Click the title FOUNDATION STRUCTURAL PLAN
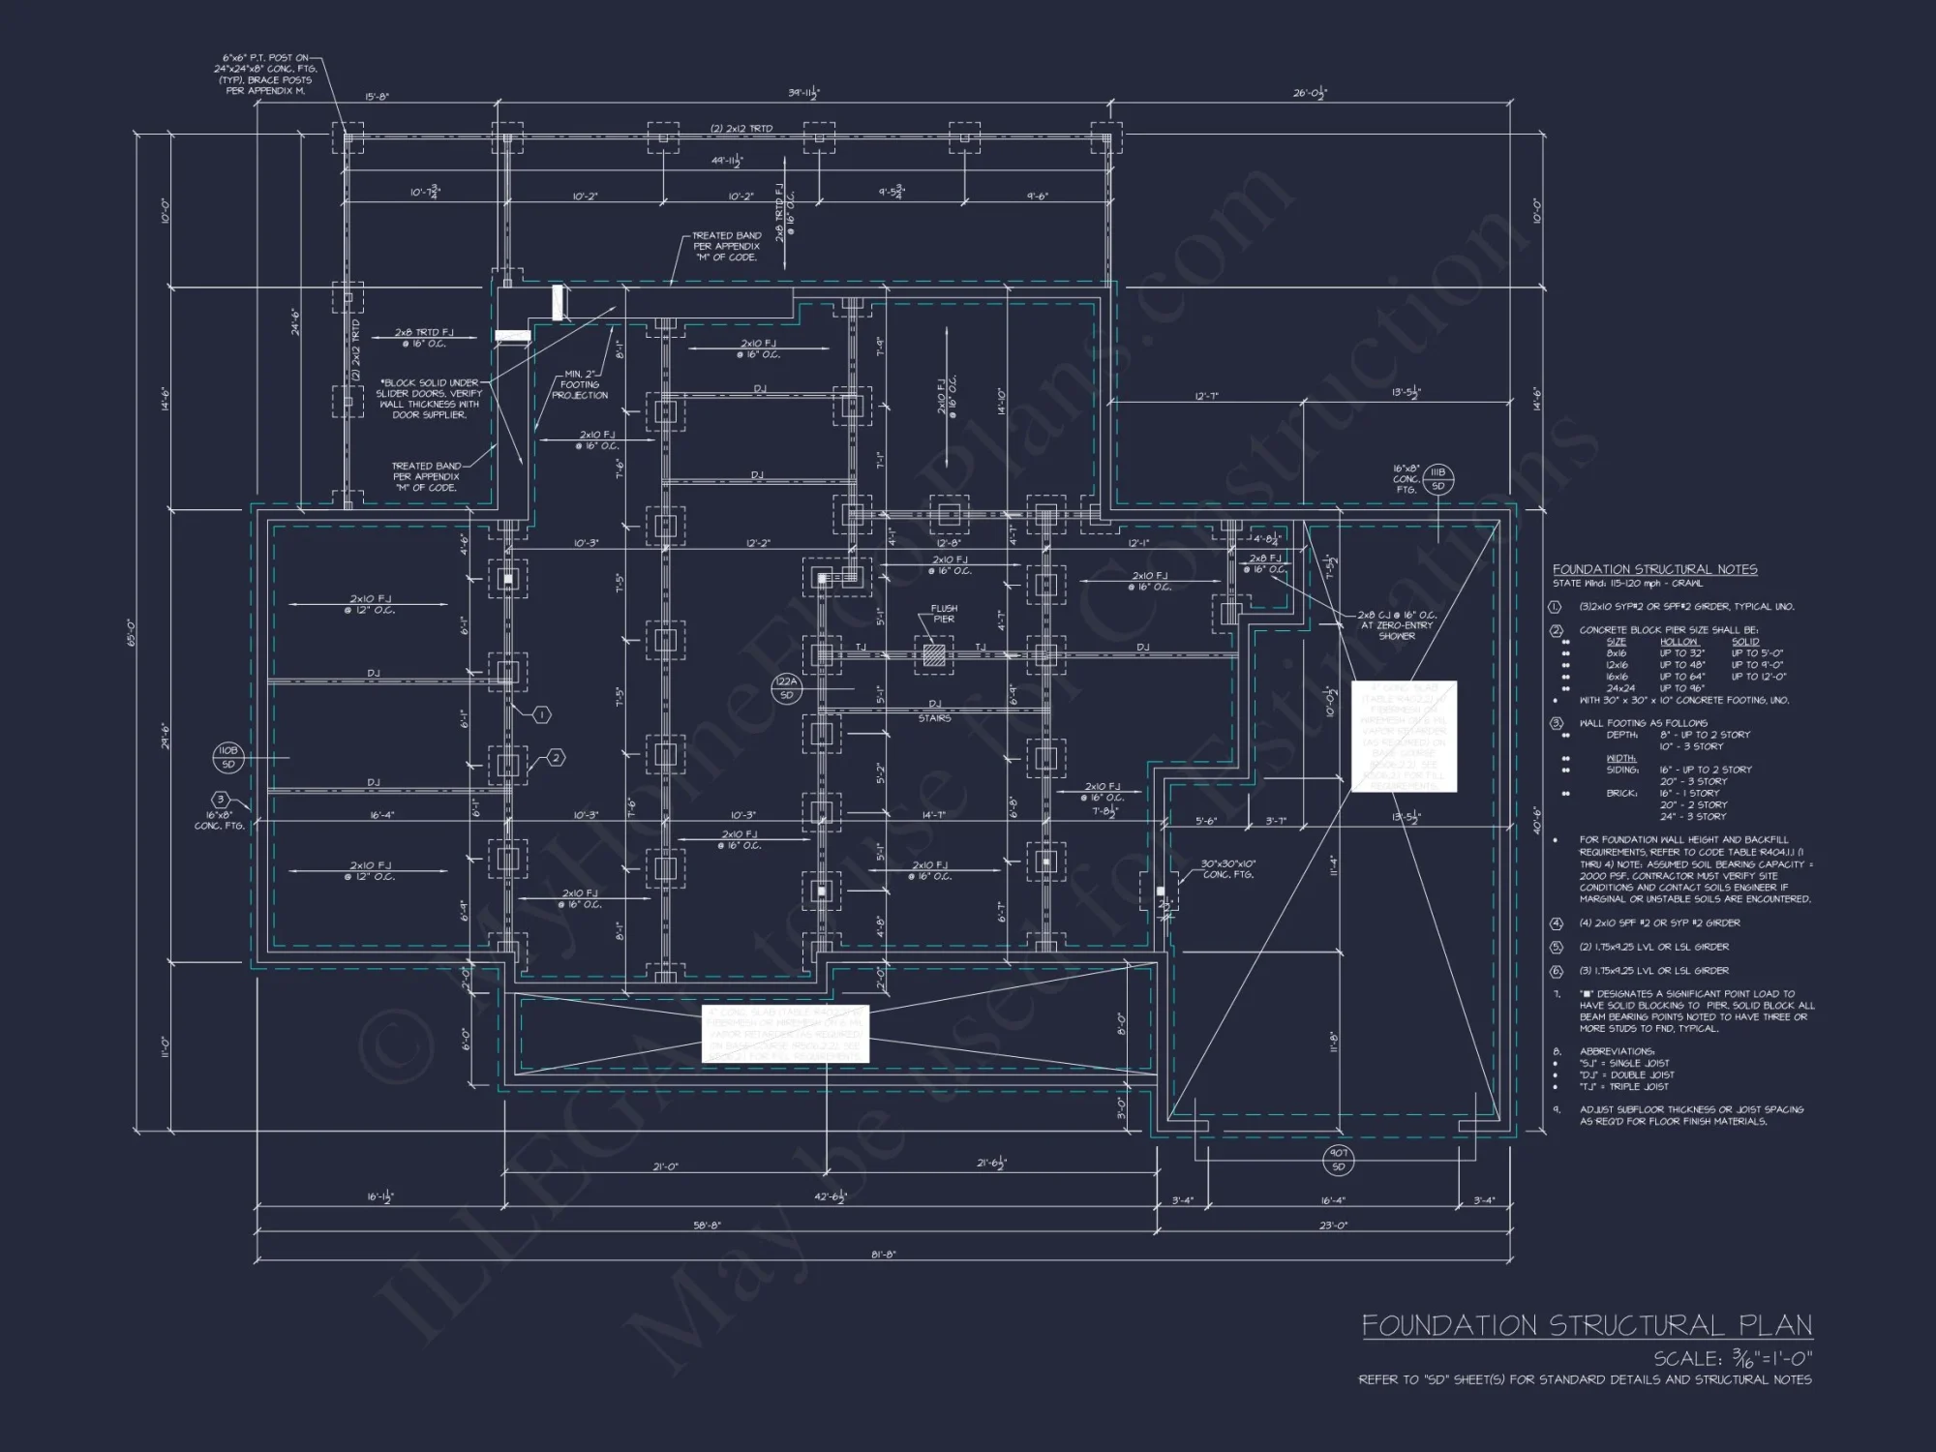tap(1587, 1325)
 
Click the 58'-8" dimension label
tap(705, 1225)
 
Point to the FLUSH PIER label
tap(944, 614)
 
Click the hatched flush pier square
tap(933, 655)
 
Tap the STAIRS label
tap(934, 718)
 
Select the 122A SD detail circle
tap(786, 689)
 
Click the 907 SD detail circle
tap(1338, 1161)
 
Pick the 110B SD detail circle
tap(227, 757)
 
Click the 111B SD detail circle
tap(1437, 478)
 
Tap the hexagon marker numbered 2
tap(556, 758)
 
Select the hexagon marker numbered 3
tap(221, 800)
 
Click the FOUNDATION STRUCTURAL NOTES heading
tap(1654, 569)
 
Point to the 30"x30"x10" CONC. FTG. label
tap(1227, 868)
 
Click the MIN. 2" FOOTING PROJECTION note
tap(580, 384)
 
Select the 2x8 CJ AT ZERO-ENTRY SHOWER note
tap(1397, 625)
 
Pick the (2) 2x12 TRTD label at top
tap(741, 129)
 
